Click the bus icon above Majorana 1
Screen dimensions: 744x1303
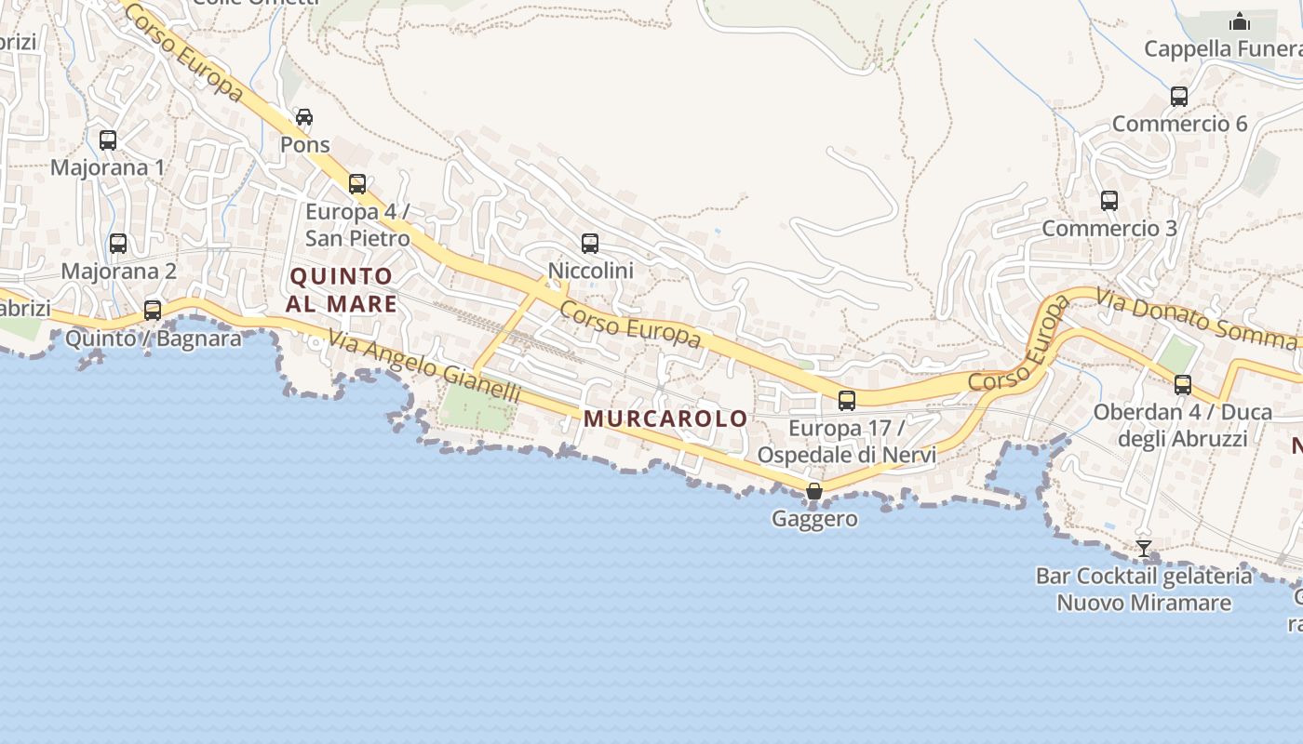click(x=108, y=140)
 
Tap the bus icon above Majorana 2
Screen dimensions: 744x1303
click(x=118, y=244)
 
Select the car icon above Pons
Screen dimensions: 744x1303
click(x=304, y=117)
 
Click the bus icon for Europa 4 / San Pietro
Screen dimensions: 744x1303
click(x=357, y=184)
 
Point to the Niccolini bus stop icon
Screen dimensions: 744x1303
click(x=590, y=244)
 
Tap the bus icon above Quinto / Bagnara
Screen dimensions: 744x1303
click(x=153, y=311)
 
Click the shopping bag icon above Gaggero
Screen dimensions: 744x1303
click(x=814, y=491)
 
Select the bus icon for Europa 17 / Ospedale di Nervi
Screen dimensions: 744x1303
click(x=847, y=401)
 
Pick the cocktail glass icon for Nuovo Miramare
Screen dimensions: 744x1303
click(x=1144, y=549)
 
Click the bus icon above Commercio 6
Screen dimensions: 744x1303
click(x=1179, y=97)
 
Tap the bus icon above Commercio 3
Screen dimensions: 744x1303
click(x=1109, y=201)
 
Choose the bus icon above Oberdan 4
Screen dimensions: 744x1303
click(x=1183, y=385)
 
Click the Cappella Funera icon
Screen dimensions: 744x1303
click(x=1240, y=21)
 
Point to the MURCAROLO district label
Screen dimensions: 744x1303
click(x=665, y=418)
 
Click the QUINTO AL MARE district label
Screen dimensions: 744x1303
click(x=343, y=290)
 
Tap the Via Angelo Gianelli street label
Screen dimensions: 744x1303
click(x=423, y=368)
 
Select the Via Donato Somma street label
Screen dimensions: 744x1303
click(x=1196, y=319)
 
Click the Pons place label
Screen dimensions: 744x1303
click(x=305, y=145)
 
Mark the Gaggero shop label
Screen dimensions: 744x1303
click(x=814, y=519)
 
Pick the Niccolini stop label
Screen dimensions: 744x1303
click(x=590, y=271)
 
